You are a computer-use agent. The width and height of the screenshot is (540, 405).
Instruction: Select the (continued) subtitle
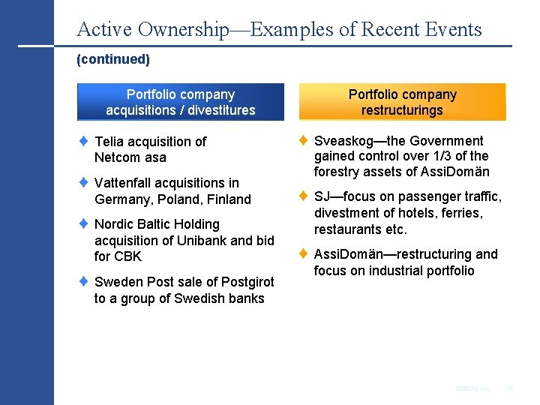113,58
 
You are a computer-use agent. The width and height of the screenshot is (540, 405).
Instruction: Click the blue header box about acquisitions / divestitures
181,102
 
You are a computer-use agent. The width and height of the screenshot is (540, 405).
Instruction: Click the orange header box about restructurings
402,102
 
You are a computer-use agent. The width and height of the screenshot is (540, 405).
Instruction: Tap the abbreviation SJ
322,196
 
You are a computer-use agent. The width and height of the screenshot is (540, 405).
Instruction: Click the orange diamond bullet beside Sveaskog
303,139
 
